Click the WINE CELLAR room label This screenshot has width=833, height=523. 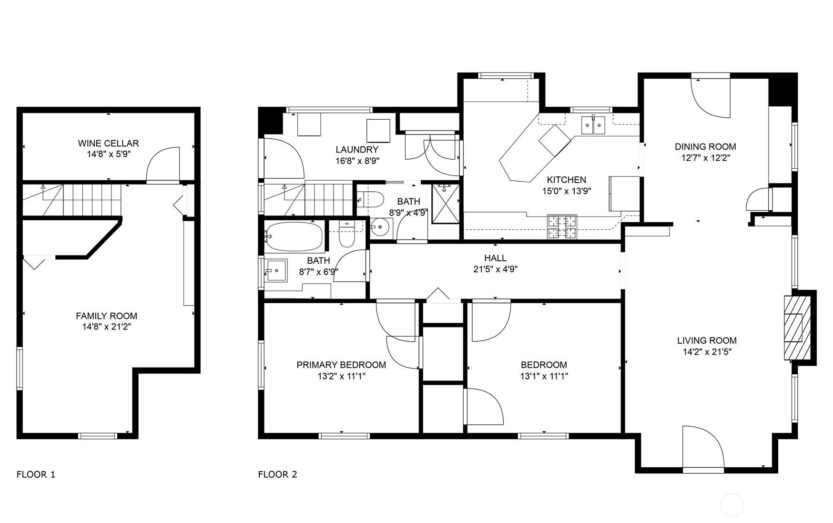coord(108,143)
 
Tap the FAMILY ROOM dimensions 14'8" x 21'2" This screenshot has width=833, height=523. coord(106,327)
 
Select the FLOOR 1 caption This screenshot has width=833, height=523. coord(36,474)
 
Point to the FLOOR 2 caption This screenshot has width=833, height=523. coord(277,474)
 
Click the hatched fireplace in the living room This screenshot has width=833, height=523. coord(797,328)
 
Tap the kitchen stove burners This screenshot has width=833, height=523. coord(562,227)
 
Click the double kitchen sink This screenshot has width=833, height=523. coord(593,125)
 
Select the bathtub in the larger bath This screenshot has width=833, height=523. coord(294,236)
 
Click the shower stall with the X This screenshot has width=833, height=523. coord(446,204)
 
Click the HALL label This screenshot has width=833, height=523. coord(495,258)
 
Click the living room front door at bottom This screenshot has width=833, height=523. coord(703,448)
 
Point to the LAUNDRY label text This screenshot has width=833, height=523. coord(356,150)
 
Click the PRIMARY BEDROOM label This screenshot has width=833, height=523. coord(341,365)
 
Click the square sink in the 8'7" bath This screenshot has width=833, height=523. coord(276,270)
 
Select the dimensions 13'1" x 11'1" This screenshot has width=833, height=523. coord(544,376)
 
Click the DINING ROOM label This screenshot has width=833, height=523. coord(705,146)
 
